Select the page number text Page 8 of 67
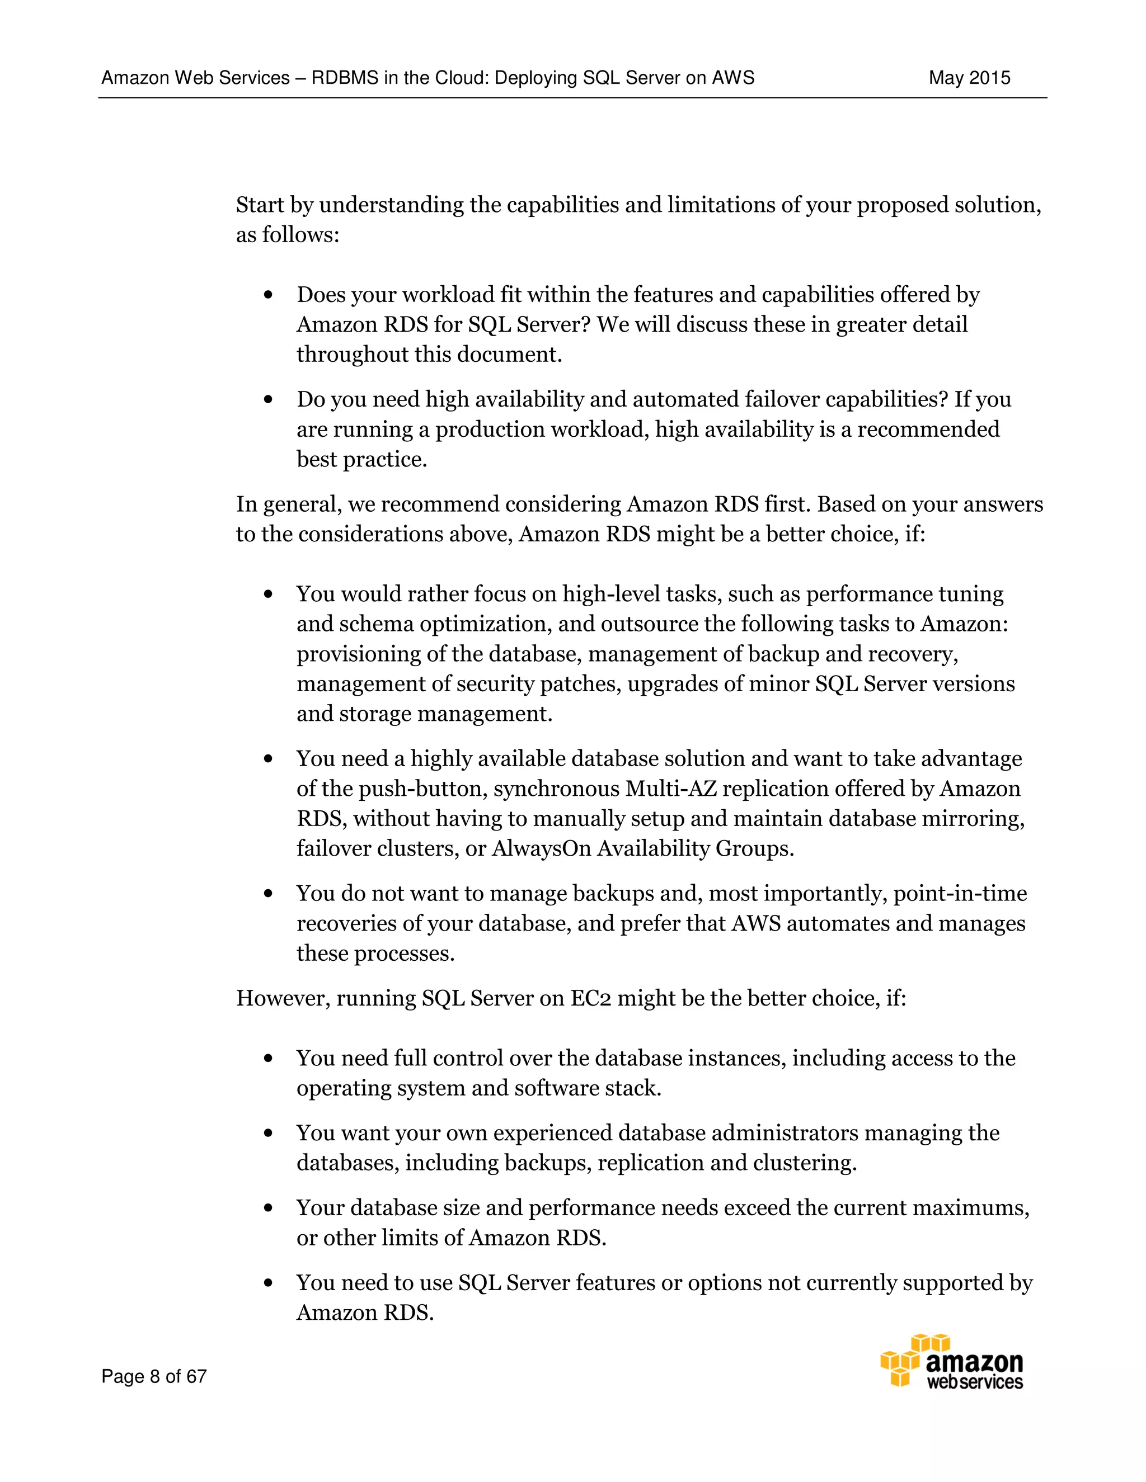(x=154, y=1376)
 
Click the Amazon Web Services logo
(x=952, y=1361)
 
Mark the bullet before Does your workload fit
(x=269, y=295)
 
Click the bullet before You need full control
(x=269, y=1059)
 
